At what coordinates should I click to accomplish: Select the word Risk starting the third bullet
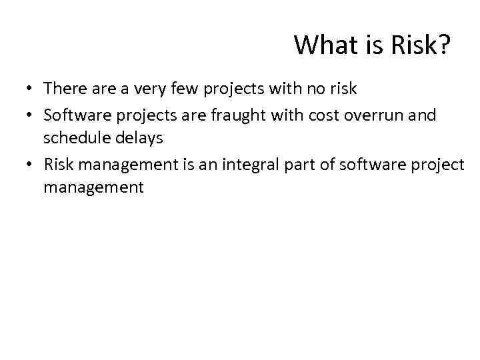(58, 165)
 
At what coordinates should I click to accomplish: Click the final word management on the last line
(93, 187)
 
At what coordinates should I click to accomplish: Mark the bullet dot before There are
(31, 89)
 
